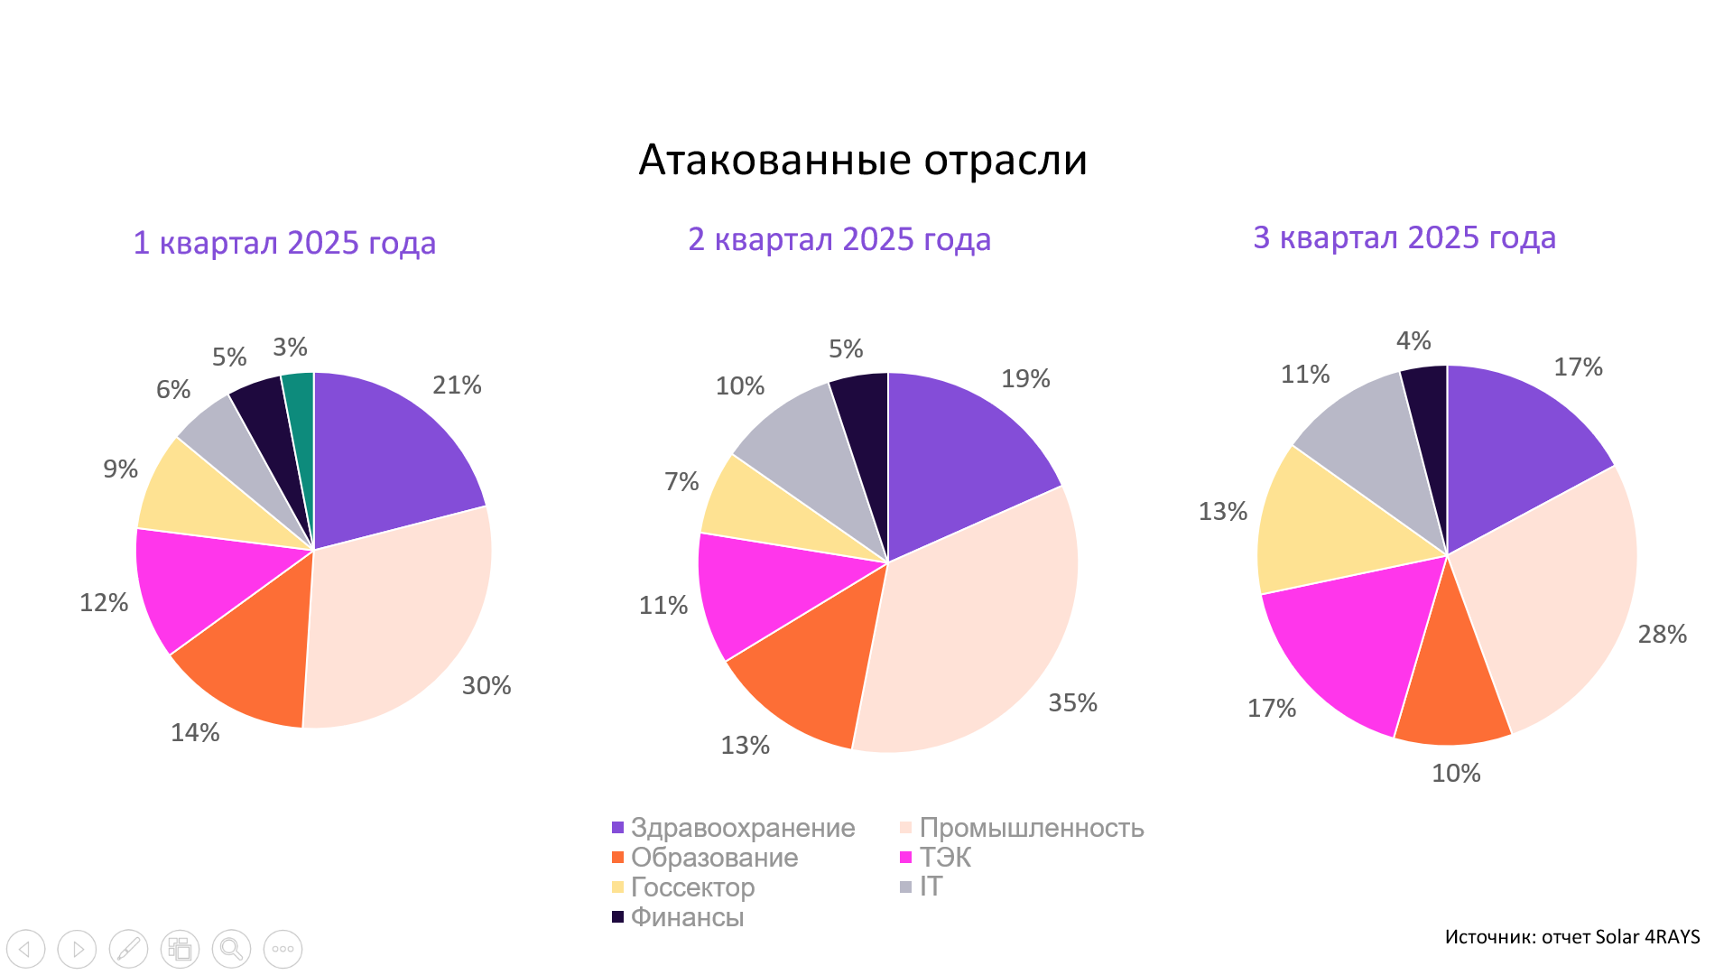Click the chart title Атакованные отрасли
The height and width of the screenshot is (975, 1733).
pyautogui.click(x=863, y=160)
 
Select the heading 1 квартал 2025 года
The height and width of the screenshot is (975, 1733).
pyautogui.click(x=284, y=243)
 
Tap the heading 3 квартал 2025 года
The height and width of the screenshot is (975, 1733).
pyautogui.click(x=1404, y=237)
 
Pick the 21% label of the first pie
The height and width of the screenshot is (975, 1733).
pyautogui.click(x=457, y=385)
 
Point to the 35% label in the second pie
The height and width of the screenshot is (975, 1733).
pyautogui.click(x=1072, y=703)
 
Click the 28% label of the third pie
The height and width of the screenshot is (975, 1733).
pyautogui.click(x=1662, y=635)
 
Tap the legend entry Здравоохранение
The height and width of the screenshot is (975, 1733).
pyautogui.click(x=742, y=828)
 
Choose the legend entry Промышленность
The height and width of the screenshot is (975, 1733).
pyautogui.click(x=1031, y=828)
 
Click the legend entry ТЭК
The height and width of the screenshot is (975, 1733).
pyautogui.click(x=945, y=858)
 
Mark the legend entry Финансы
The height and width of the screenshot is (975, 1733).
pyautogui.click(x=687, y=917)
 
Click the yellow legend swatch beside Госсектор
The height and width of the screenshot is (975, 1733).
pyautogui.click(x=618, y=887)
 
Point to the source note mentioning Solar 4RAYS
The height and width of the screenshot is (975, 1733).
pyautogui.click(x=1571, y=937)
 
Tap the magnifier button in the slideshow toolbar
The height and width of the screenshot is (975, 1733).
pyautogui.click(x=231, y=949)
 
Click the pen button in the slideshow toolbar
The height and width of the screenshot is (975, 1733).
pyautogui.click(x=128, y=949)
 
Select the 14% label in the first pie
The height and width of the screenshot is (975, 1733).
pyautogui.click(x=195, y=733)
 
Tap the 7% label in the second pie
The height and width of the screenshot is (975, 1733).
pyautogui.click(x=681, y=482)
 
